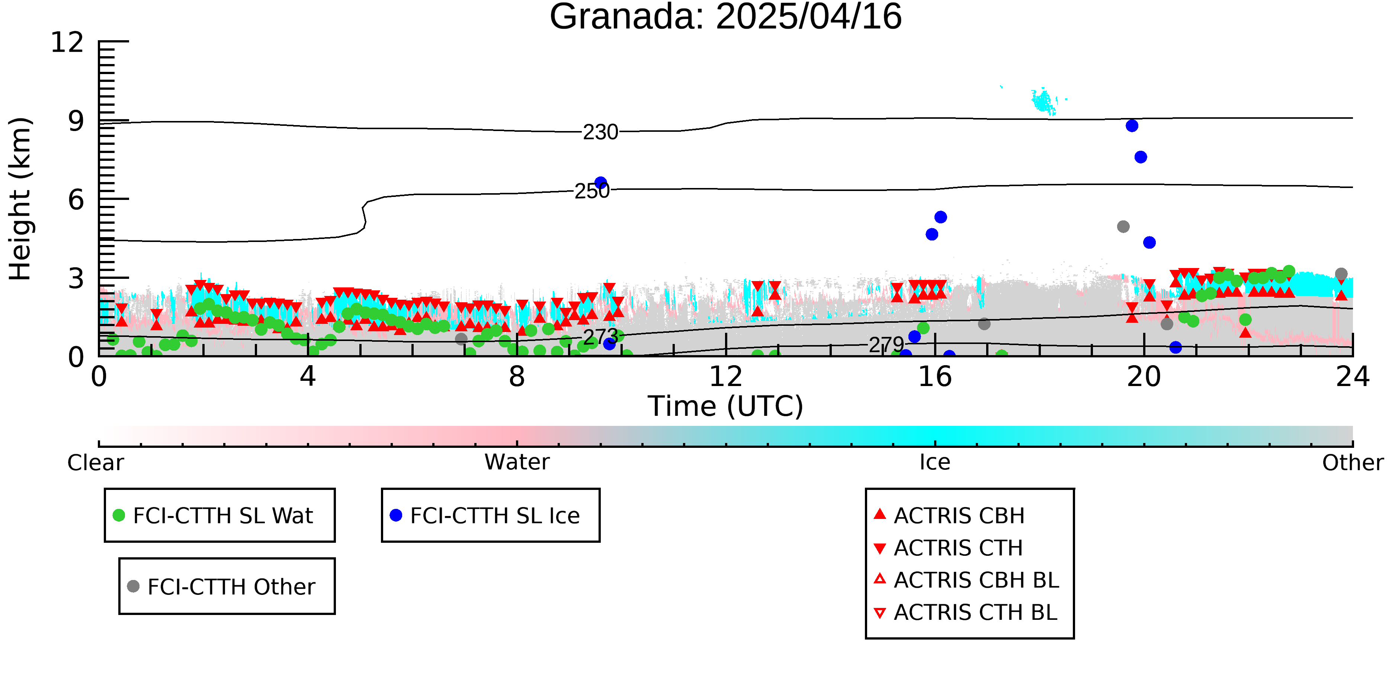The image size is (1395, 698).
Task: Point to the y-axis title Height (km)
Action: pyautogui.click(x=20, y=199)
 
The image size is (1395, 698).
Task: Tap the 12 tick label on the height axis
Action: pyautogui.click(x=67, y=42)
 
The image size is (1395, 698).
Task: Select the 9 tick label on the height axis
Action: pyautogui.click(x=76, y=121)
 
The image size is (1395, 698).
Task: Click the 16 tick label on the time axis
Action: pyautogui.click(x=935, y=377)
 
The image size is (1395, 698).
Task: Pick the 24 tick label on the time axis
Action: pyautogui.click(x=1353, y=377)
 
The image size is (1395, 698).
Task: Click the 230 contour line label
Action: pyautogui.click(x=600, y=132)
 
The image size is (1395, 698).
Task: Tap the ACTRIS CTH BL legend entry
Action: pyautogui.click(x=966, y=612)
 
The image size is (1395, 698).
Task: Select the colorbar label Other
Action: pyautogui.click(x=1353, y=463)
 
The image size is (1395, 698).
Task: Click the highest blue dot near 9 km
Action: pyautogui.click(x=1132, y=126)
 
